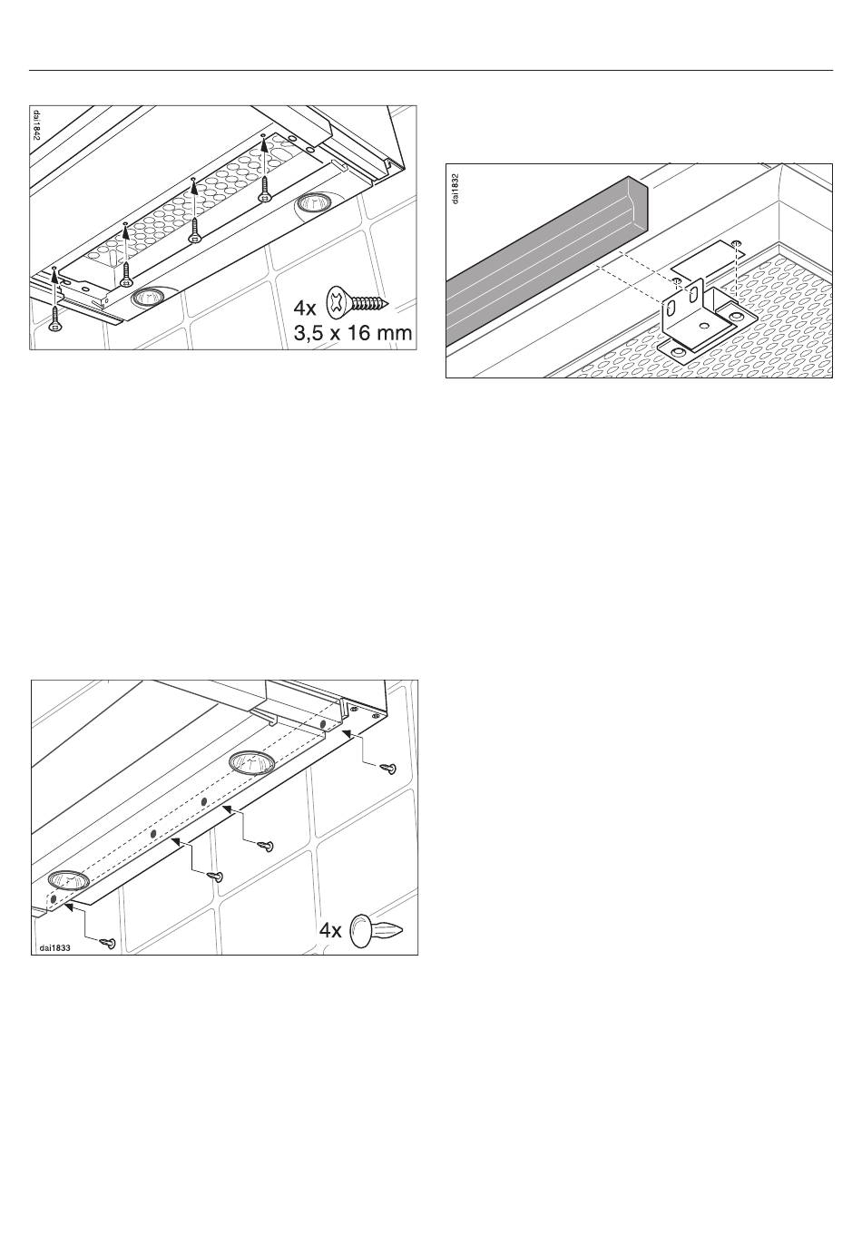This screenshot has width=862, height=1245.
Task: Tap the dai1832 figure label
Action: (x=455, y=189)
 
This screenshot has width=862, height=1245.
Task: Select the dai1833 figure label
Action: (x=54, y=947)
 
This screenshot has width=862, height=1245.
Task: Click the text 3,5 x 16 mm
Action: (x=353, y=333)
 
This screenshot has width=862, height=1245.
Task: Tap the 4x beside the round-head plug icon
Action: (x=330, y=930)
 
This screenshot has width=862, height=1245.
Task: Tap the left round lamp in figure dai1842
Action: (x=147, y=299)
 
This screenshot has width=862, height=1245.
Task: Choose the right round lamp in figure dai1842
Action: (x=311, y=201)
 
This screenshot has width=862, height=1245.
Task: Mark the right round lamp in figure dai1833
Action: (x=252, y=760)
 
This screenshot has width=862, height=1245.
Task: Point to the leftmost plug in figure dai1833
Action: (x=108, y=943)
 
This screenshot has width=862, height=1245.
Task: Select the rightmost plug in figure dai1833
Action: (x=388, y=768)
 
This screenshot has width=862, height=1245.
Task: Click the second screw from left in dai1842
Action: (x=127, y=275)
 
